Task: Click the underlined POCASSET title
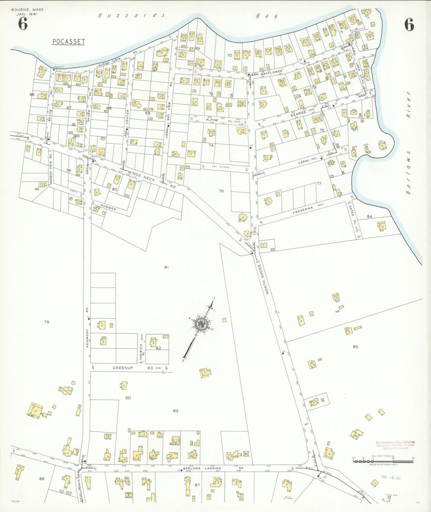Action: pos(68,42)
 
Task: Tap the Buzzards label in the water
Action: pos(132,16)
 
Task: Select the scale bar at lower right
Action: pos(383,461)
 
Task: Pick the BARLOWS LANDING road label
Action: pos(202,468)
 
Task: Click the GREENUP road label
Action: pos(123,368)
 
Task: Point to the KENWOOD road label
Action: pos(87,338)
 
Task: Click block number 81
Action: pos(166,267)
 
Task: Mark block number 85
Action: pos(355,347)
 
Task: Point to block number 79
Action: pos(46,322)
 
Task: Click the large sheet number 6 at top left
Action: pos(23,24)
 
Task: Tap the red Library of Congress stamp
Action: pos(395,445)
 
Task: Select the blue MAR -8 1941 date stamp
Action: pos(391,478)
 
